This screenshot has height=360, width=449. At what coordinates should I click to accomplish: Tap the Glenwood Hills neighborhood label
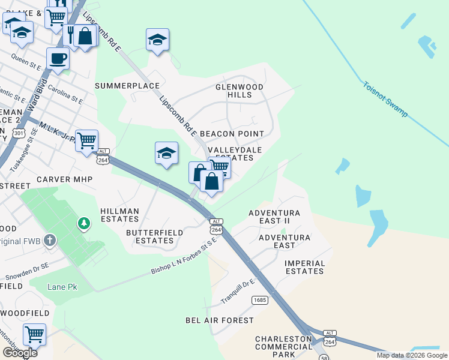click(240, 91)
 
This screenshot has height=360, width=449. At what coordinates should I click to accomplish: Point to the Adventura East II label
click(274, 217)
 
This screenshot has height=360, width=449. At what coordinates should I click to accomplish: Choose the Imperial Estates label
click(304, 268)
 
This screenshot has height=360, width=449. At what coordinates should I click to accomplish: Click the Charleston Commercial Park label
click(283, 347)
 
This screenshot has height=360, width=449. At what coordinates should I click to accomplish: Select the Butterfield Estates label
click(150, 236)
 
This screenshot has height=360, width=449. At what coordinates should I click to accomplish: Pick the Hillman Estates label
click(120, 215)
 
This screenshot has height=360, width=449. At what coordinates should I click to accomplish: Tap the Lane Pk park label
click(62, 287)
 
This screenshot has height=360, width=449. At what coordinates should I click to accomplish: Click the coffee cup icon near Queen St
click(58, 59)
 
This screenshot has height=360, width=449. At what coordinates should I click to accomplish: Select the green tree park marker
click(84, 224)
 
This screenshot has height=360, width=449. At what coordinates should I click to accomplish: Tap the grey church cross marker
click(50, 241)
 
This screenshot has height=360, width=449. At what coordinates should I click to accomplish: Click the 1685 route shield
click(260, 299)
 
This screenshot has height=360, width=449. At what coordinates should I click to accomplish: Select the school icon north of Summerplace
click(157, 40)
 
